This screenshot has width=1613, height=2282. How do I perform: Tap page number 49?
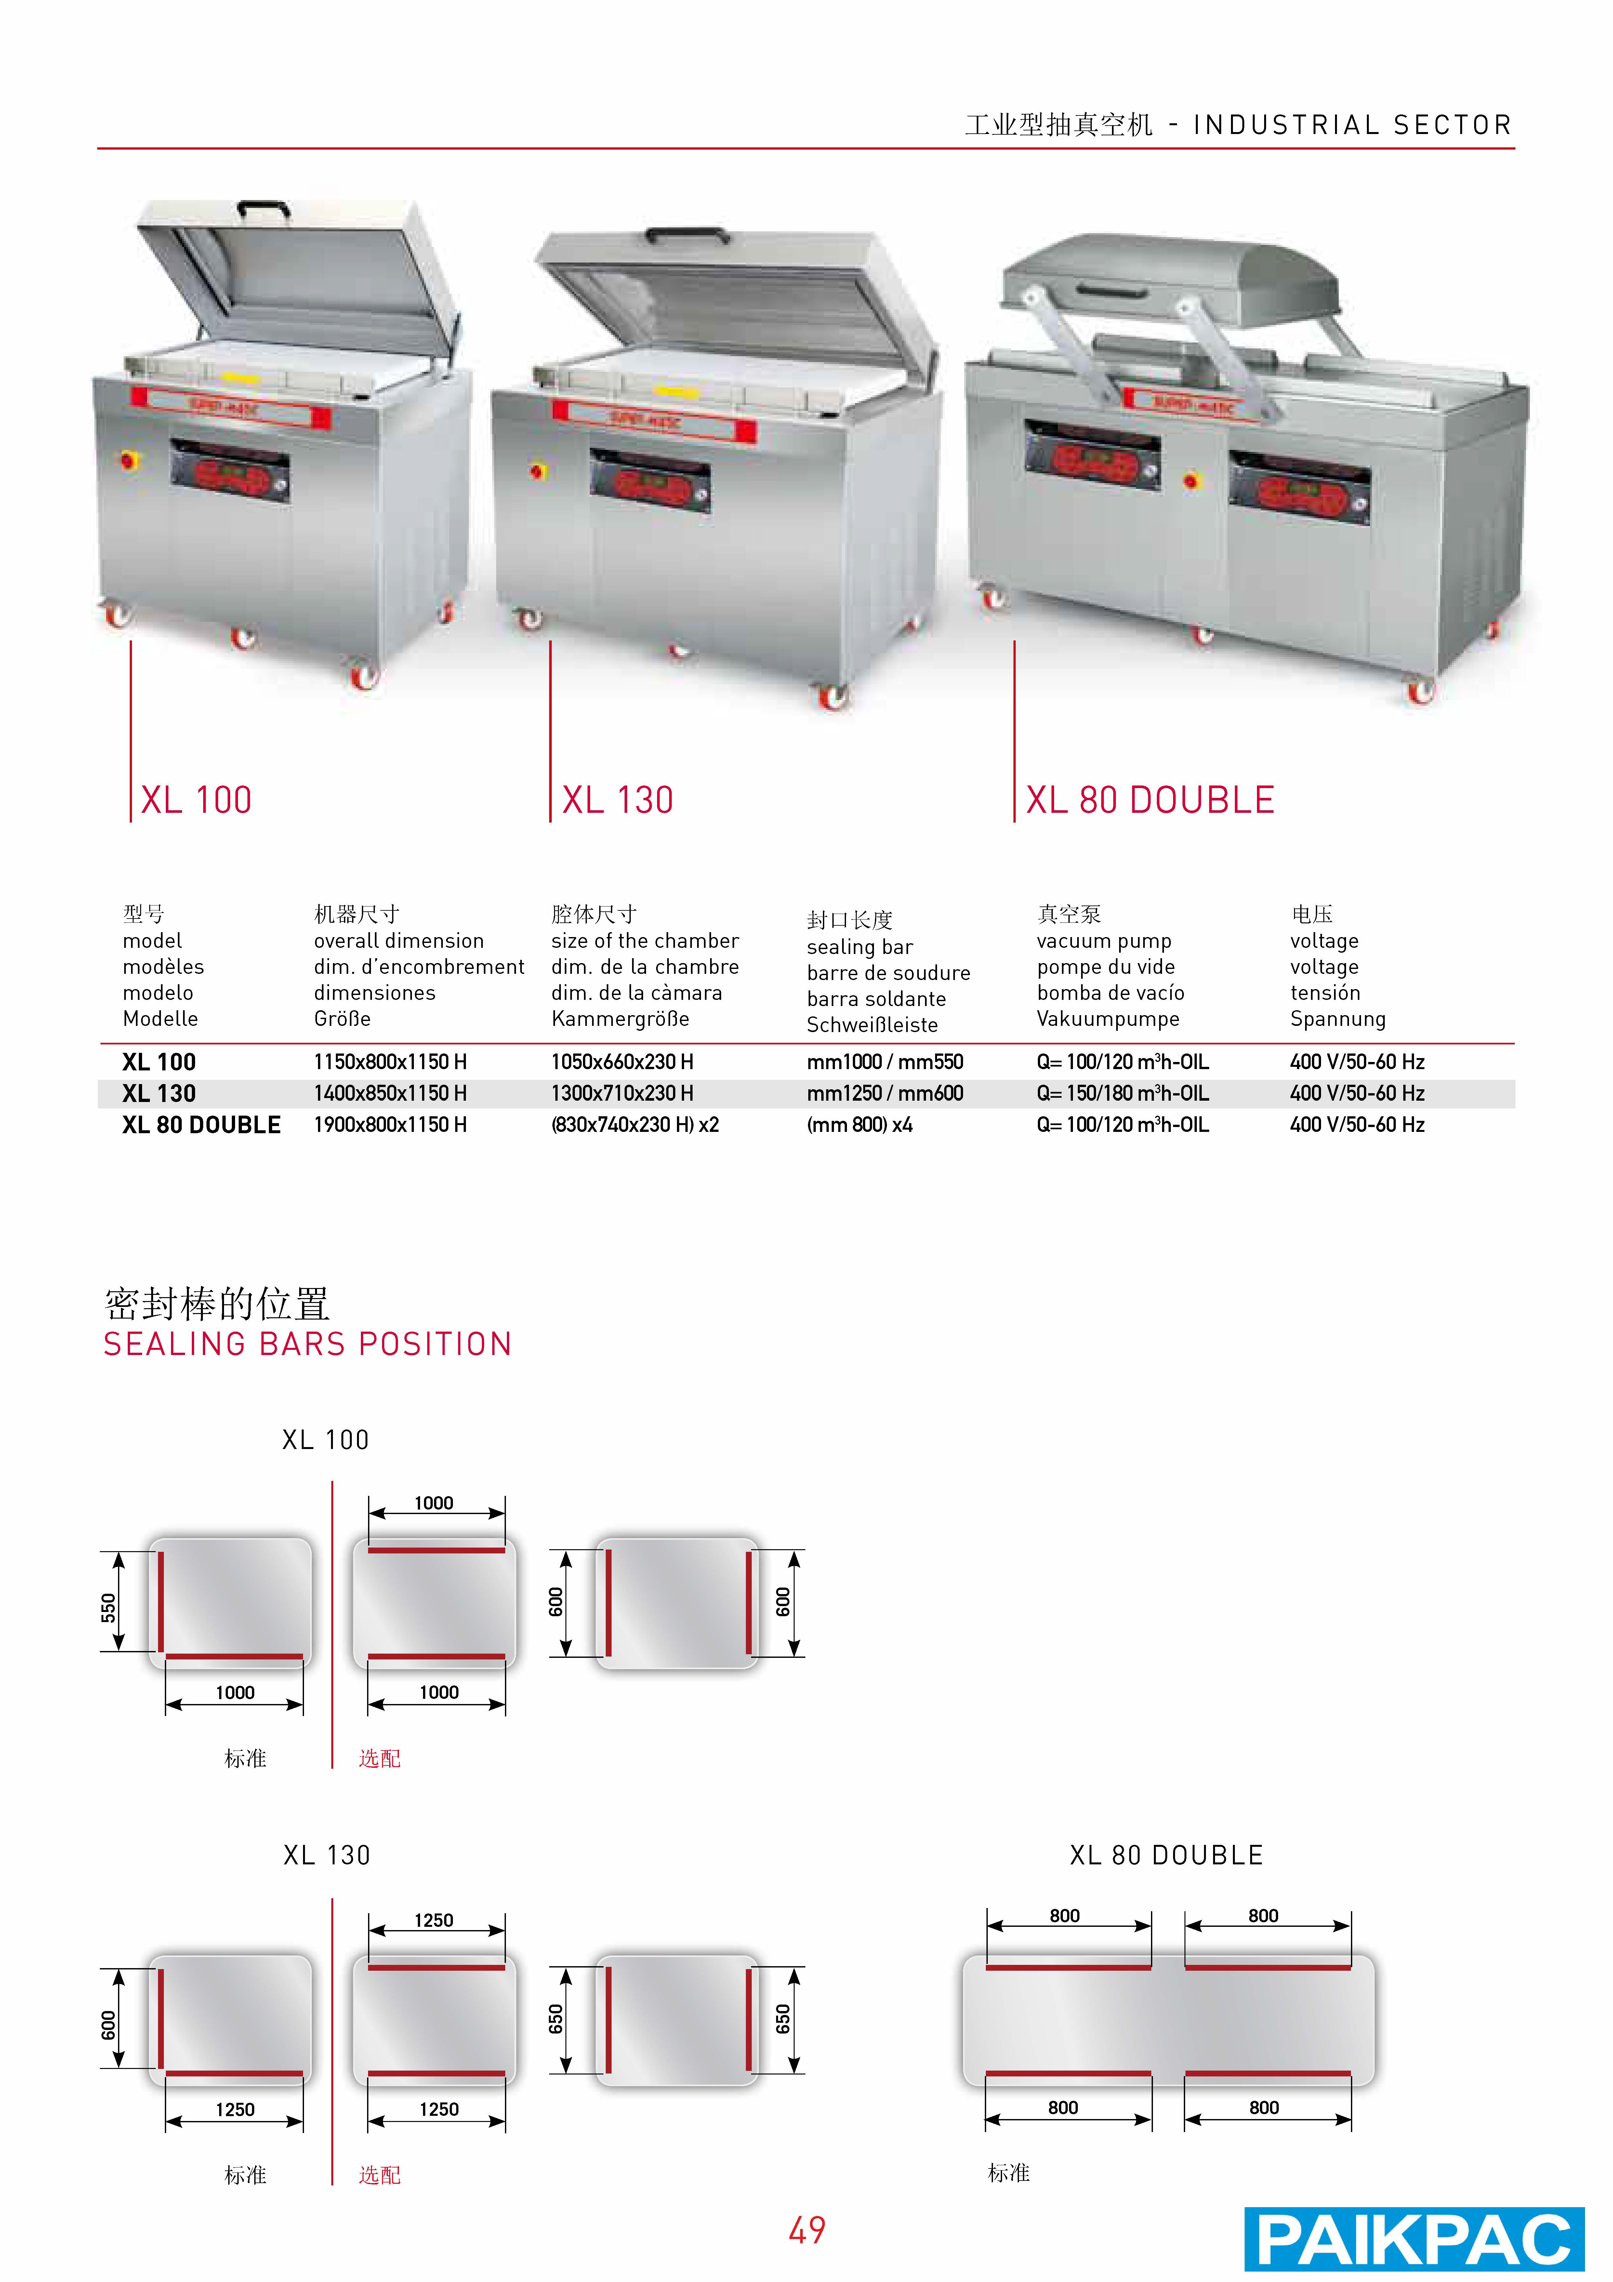click(807, 2230)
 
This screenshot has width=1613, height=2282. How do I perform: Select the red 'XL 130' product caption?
click(617, 800)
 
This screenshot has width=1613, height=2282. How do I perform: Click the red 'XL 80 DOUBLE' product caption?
click(1150, 800)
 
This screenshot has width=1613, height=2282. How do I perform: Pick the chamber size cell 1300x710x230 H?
click(622, 1093)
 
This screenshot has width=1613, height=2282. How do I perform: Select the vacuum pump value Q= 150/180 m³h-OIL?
click(1123, 1093)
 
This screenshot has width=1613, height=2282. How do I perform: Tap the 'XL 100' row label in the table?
click(159, 1062)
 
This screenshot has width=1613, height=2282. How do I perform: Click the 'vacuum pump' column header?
click(1104, 940)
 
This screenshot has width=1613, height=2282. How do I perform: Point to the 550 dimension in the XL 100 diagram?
click(108, 1607)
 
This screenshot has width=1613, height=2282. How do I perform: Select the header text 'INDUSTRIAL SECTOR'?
click(1353, 125)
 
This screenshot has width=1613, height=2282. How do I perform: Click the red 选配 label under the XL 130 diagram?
click(380, 2176)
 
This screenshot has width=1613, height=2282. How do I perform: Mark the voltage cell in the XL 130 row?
click(1357, 1093)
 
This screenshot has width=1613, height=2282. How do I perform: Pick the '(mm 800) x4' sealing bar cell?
click(860, 1125)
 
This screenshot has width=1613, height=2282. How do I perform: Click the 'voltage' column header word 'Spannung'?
click(1338, 1019)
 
